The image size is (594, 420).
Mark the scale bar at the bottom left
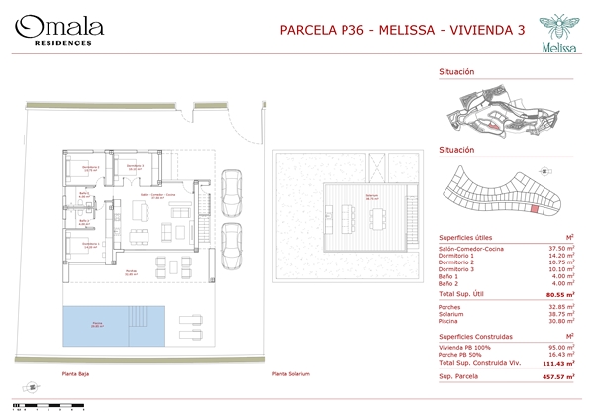35,403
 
